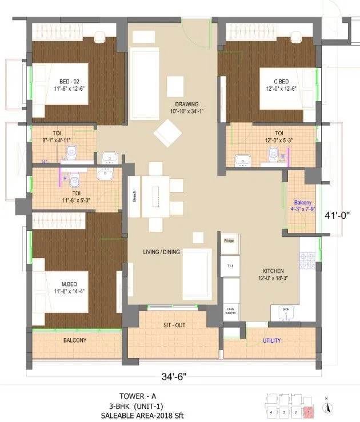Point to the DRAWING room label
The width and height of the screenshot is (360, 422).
(187, 104)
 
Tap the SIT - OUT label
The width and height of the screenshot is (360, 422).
(173, 325)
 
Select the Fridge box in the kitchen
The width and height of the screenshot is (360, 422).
(229, 241)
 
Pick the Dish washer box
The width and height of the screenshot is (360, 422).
(230, 311)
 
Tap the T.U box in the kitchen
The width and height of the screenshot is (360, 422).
(230, 266)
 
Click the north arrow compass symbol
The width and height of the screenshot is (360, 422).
(326, 407)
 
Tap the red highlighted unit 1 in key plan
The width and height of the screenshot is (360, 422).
(309, 411)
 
